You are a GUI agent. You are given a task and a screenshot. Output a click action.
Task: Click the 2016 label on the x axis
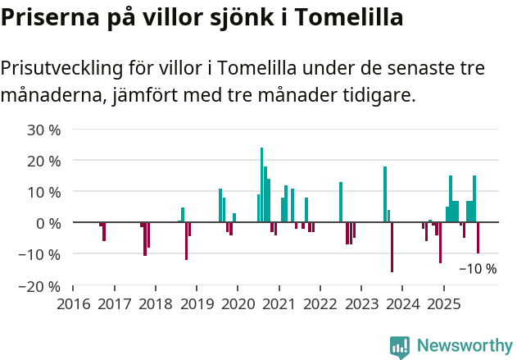73,304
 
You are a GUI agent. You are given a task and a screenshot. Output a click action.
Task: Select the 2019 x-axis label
197,304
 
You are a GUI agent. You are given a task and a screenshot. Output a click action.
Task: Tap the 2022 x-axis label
320,304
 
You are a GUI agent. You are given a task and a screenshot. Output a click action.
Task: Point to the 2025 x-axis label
443,304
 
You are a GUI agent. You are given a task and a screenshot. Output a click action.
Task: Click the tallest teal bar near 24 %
261,185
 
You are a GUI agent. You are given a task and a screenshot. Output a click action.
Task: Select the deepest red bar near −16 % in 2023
392,247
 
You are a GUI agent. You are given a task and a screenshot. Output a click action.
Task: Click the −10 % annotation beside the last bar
478,268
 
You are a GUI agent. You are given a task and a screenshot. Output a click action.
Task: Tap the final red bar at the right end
478,238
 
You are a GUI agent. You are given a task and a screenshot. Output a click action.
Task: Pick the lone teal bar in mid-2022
341,202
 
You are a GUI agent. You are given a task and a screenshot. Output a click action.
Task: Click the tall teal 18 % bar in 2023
385,194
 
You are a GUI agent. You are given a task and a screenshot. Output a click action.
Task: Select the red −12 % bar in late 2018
186,241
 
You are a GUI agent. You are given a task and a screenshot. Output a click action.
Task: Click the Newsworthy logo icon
400,347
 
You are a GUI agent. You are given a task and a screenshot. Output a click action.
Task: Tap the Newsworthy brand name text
465,346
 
